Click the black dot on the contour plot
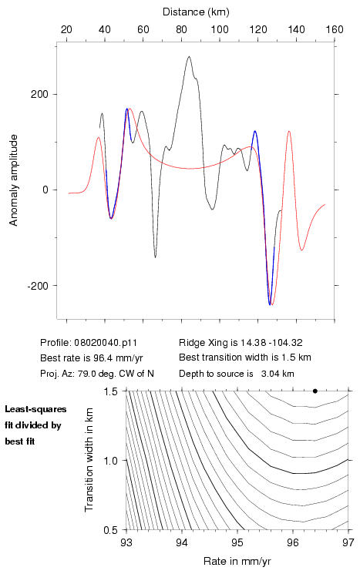click(x=315, y=391)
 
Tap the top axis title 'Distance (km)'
click(x=196, y=12)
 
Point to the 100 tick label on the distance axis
click(x=220, y=29)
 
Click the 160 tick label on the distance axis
click(x=335, y=29)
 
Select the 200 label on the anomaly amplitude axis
click(x=39, y=95)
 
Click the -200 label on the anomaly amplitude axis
click(x=38, y=286)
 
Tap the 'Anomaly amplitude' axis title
click(x=14, y=180)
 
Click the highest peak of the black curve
click(x=189, y=56)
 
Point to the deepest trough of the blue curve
click(x=270, y=304)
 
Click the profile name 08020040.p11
click(x=106, y=343)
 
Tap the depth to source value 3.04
click(x=269, y=374)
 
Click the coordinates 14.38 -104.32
click(x=271, y=343)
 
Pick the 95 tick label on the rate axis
click(x=237, y=542)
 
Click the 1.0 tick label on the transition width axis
click(x=110, y=461)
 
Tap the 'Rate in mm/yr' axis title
click(x=237, y=561)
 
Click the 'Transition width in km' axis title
click(x=89, y=459)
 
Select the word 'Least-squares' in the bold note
click(x=35, y=409)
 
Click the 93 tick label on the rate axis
click(x=126, y=542)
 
